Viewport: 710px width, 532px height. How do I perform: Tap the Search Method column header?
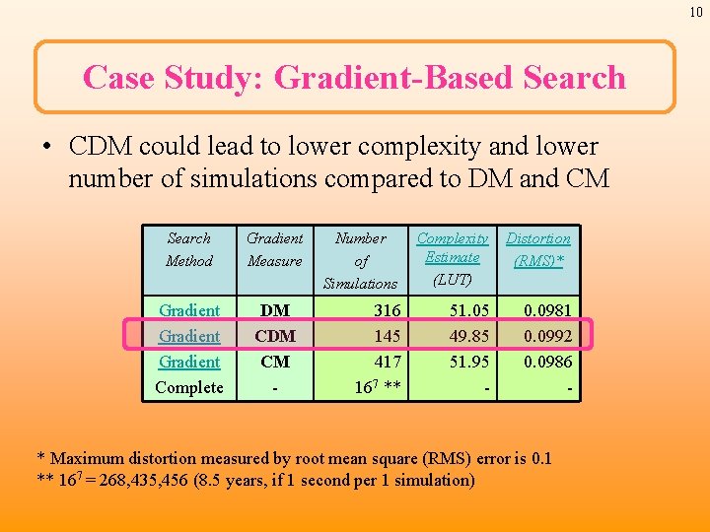point(189,249)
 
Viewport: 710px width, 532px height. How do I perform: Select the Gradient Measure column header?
point(275,249)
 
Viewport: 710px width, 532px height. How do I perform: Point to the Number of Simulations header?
point(361,260)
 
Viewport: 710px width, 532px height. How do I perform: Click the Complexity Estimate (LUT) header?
point(453,258)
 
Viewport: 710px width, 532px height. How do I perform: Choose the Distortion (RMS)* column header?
point(538,249)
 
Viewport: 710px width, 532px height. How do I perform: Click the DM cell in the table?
point(274,310)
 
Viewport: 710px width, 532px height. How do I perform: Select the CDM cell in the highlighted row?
point(275,336)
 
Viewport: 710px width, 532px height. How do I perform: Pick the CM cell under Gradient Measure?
point(275,362)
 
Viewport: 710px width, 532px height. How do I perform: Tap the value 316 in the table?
point(387,310)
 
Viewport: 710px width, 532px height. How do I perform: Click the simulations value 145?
point(387,336)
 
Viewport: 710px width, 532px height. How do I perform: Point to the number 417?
point(387,362)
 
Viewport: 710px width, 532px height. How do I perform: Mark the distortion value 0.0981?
point(548,310)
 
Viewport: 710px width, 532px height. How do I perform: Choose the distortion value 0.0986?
point(548,362)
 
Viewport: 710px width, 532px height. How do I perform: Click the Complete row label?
point(189,387)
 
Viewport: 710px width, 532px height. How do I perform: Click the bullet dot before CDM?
point(47,148)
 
